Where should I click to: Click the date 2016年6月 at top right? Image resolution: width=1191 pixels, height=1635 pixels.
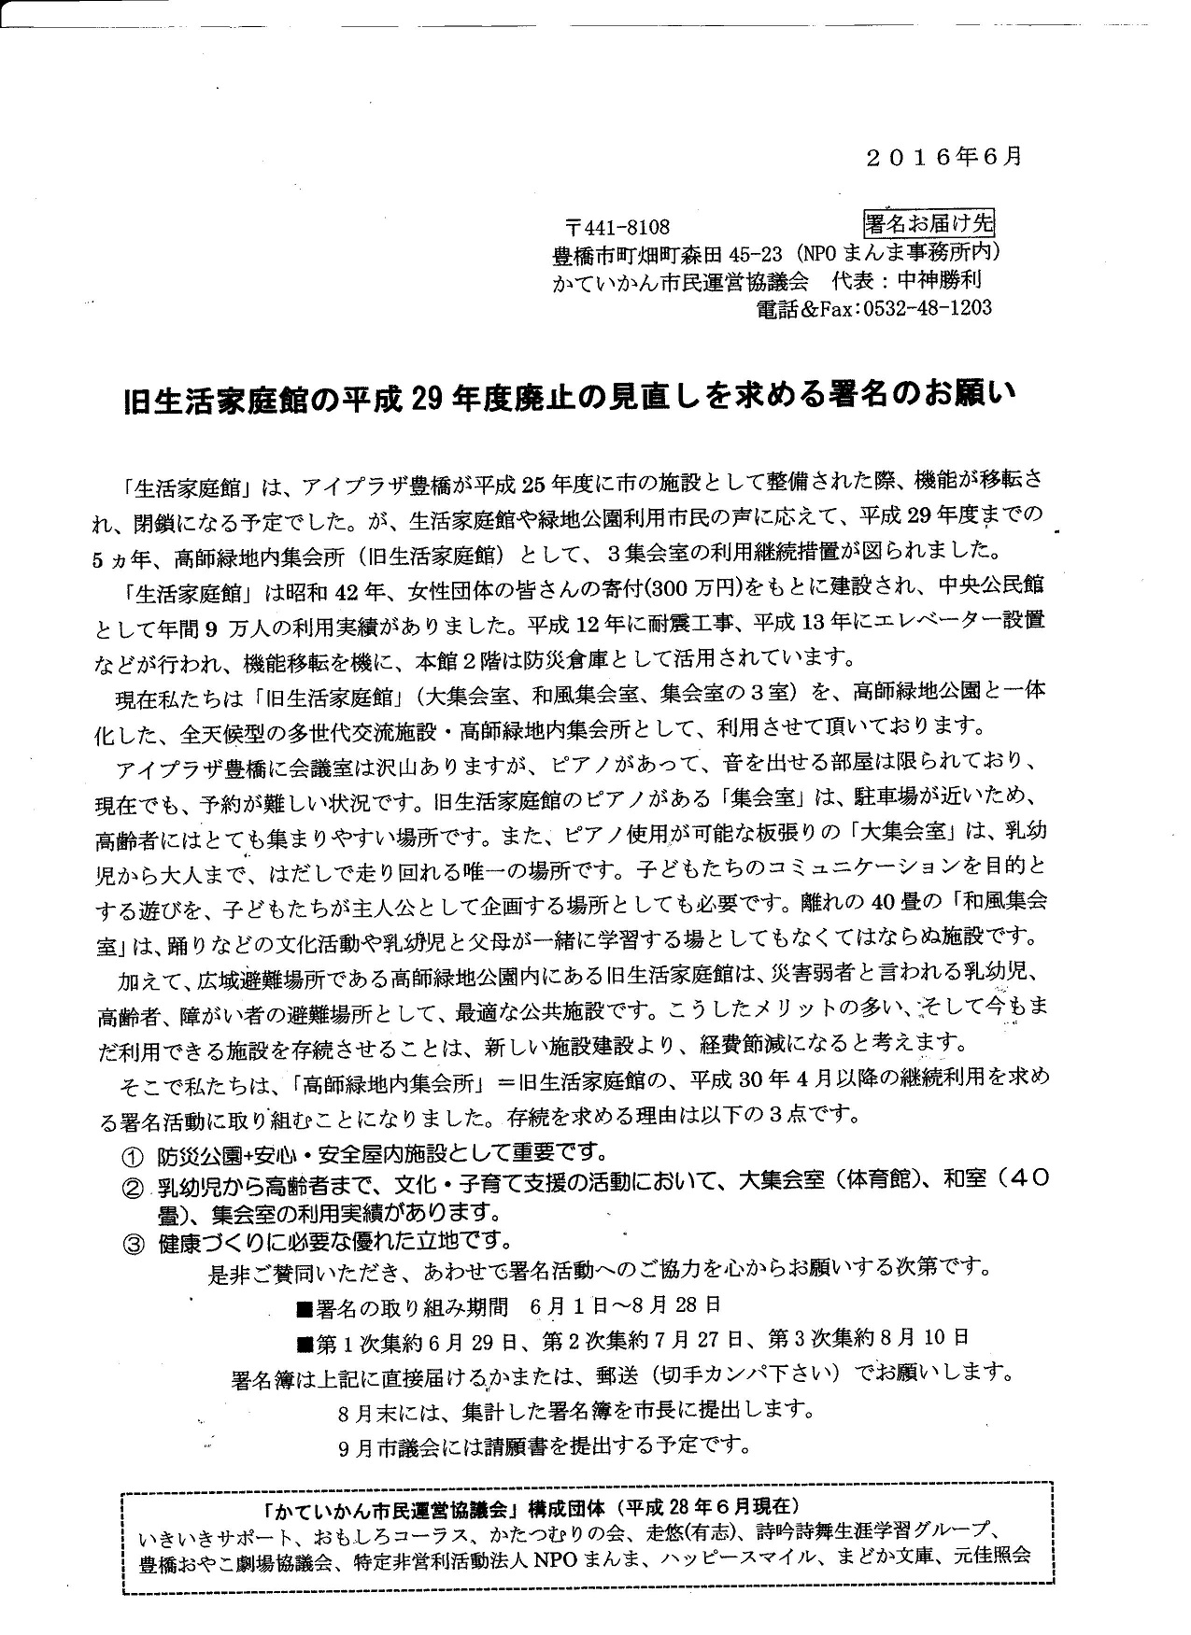pos(944,157)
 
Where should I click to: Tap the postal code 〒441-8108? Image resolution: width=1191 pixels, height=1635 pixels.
pos(617,228)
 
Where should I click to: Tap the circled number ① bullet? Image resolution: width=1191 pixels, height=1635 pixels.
pos(134,1157)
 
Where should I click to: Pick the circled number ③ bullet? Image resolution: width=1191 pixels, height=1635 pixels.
pos(134,1243)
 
